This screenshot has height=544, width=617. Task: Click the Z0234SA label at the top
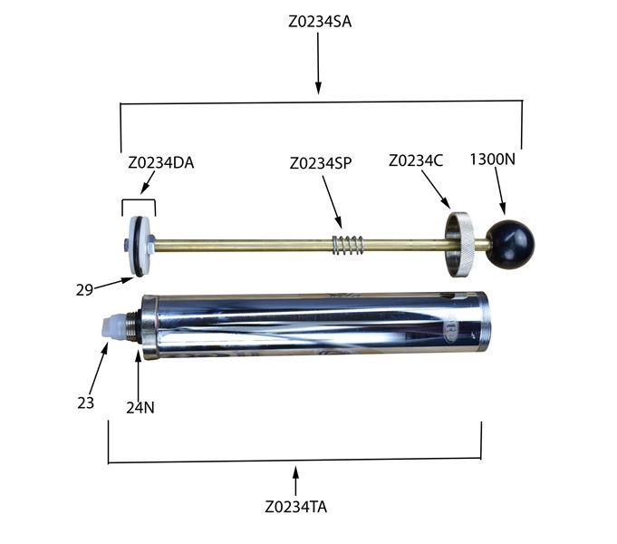[320, 21]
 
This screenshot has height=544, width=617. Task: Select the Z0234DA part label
[161, 162]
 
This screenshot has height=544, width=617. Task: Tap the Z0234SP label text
[321, 163]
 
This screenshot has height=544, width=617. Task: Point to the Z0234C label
[416, 160]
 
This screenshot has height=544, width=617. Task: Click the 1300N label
[492, 160]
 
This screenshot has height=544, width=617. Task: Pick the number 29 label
[84, 290]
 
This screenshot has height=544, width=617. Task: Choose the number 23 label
[86, 403]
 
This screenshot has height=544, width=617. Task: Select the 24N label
[140, 408]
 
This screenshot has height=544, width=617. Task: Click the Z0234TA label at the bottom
[296, 507]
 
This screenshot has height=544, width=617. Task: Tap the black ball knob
[510, 244]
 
